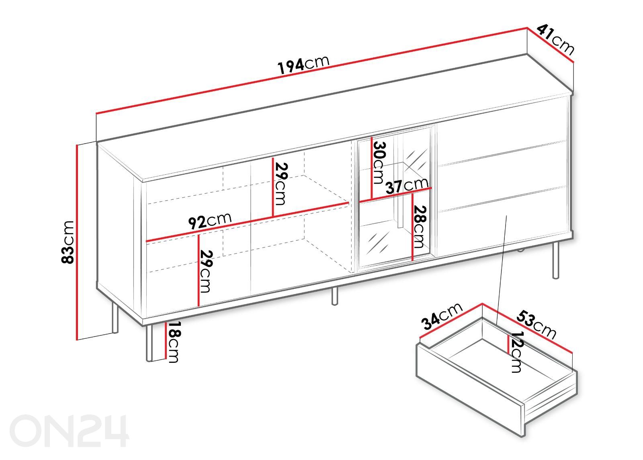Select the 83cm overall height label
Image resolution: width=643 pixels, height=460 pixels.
(68, 242)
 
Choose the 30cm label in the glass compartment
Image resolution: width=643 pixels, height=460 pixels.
(379, 163)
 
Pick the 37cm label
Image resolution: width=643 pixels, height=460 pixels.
(407, 185)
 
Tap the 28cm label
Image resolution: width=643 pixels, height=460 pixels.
(419, 227)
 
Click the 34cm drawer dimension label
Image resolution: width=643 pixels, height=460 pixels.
(442, 316)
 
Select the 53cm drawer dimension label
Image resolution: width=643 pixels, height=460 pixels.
(536, 325)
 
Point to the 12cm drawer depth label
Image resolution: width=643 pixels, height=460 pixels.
(516, 352)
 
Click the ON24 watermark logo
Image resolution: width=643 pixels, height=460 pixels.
(69, 431)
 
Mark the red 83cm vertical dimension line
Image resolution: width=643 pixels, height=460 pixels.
(77, 242)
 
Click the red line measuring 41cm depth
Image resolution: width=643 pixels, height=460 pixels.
(550, 49)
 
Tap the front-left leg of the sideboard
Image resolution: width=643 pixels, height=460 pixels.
(149, 343)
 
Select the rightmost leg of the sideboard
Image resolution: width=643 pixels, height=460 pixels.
(556, 260)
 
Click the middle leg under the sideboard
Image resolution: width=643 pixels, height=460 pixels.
(334, 296)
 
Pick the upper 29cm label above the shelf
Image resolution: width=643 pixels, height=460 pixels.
(281, 184)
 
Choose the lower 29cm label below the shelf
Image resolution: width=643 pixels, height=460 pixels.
(206, 271)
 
